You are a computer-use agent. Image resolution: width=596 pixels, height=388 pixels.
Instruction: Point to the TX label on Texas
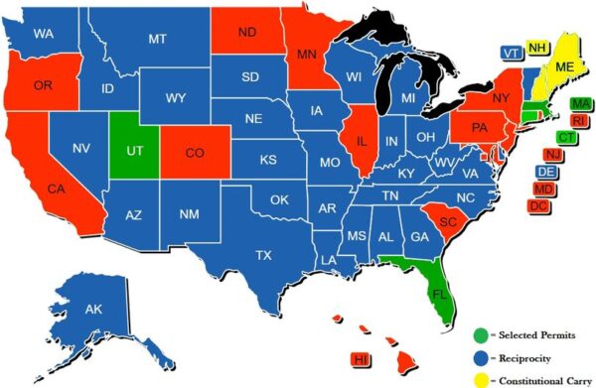(x=263, y=255)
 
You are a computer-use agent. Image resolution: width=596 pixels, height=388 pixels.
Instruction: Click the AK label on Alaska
(x=93, y=310)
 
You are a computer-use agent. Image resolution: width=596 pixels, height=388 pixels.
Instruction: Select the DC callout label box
(x=538, y=205)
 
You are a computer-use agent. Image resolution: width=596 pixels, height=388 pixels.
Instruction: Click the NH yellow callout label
(x=537, y=48)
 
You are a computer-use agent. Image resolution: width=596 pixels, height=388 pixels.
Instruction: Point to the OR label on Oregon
(x=43, y=85)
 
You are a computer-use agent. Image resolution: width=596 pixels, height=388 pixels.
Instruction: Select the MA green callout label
(x=580, y=104)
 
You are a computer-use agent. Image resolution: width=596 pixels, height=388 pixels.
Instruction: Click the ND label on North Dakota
(x=247, y=33)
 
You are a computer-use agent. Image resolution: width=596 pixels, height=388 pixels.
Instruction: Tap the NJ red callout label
(x=553, y=154)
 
